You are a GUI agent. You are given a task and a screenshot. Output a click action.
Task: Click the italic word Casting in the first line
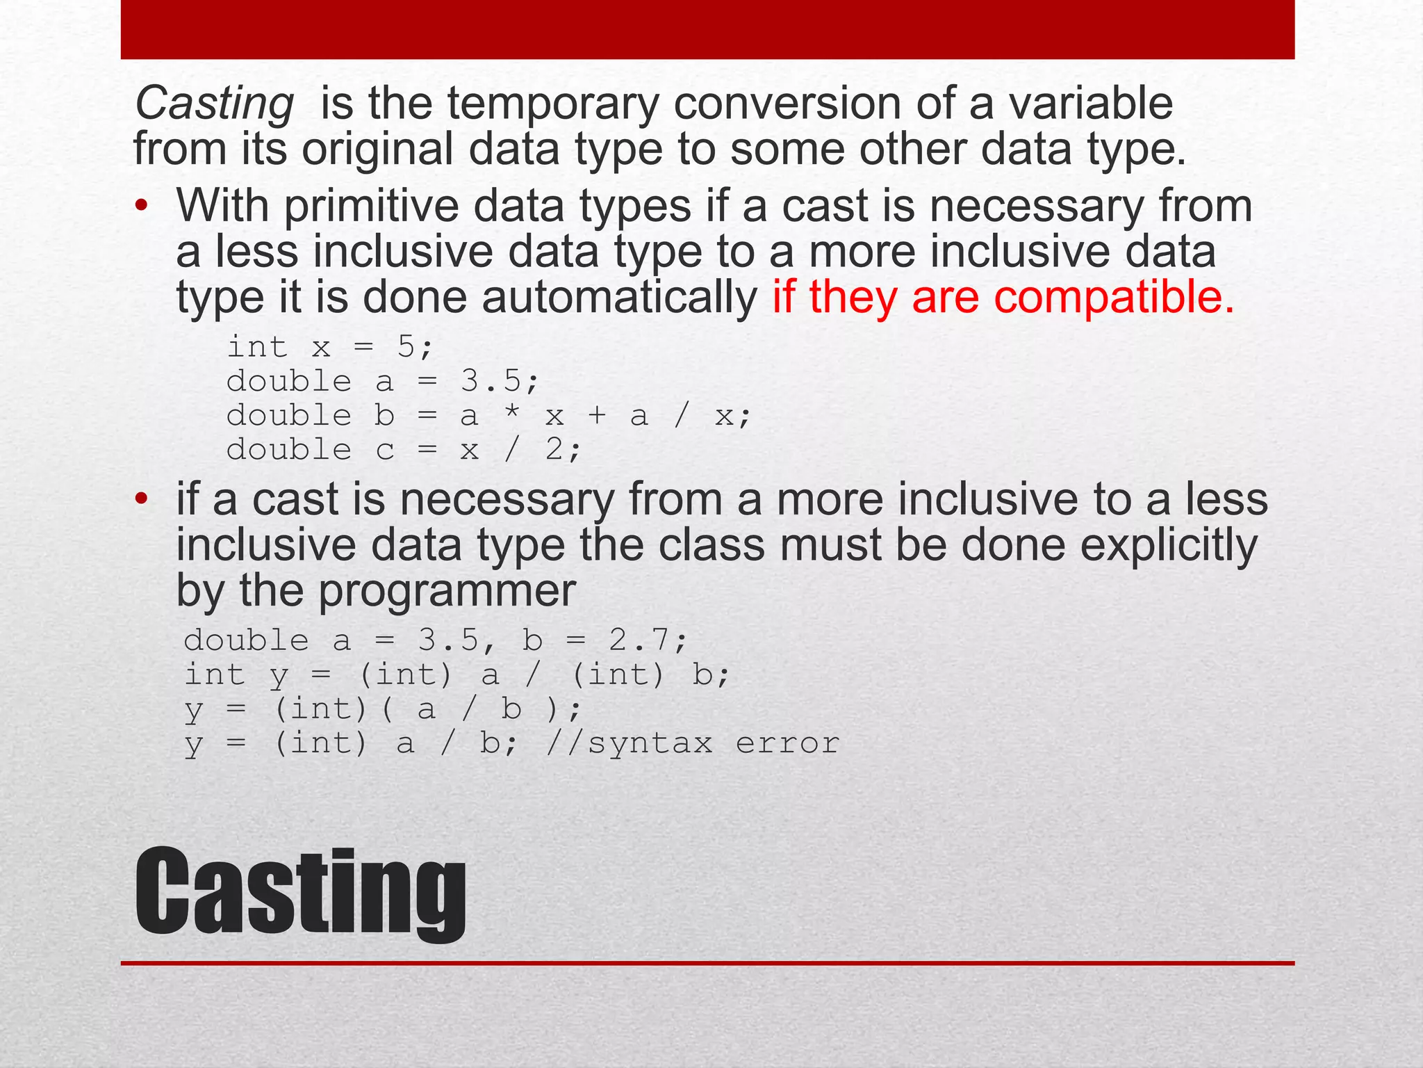(215, 104)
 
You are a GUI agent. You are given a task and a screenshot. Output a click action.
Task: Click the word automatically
(619, 297)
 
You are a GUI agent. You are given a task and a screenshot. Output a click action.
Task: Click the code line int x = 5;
(330, 346)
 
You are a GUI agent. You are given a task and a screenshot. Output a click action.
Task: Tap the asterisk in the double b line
(512, 414)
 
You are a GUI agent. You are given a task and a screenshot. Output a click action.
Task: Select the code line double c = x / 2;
(403, 450)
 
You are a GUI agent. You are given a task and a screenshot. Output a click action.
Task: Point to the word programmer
(447, 591)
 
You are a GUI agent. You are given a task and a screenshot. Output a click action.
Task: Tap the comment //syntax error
(693, 743)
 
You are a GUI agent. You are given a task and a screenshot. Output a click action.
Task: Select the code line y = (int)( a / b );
(382, 709)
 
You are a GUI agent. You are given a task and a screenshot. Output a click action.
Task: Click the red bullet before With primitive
(142, 207)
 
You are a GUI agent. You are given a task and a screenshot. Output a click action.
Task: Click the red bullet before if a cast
(142, 500)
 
